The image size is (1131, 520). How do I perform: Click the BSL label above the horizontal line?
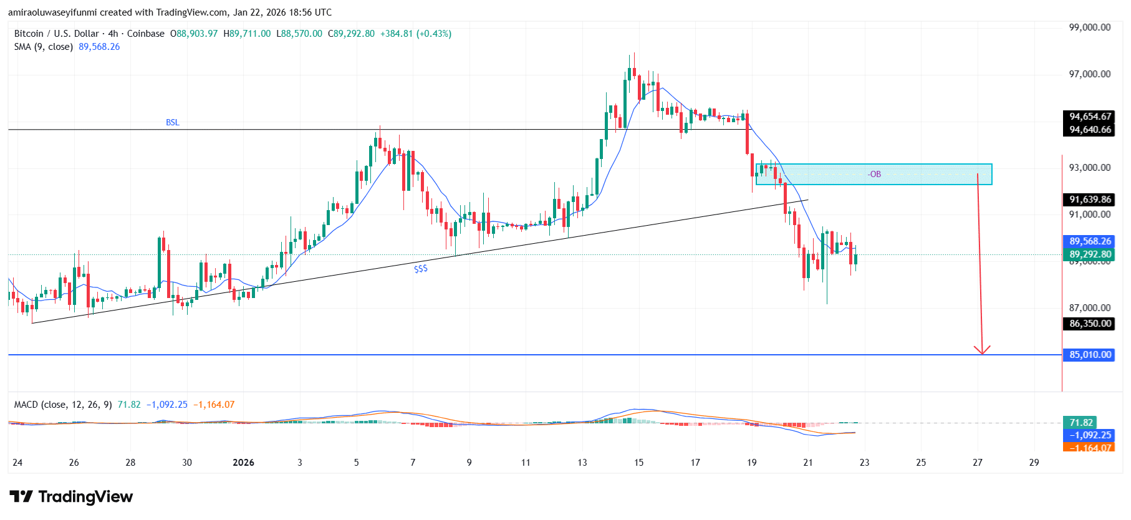point(172,122)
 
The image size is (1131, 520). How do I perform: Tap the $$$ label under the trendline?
point(421,269)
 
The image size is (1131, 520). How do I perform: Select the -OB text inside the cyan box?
point(874,174)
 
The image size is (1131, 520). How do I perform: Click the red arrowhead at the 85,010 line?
point(982,350)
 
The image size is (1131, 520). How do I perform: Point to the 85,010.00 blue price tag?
point(1089,355)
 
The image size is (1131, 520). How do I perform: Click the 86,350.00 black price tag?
point(1089,324)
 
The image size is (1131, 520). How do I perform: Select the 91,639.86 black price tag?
point(1089,200)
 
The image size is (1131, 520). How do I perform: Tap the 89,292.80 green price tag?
point(1089,254)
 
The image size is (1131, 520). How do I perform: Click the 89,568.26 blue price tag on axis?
point(1089,241)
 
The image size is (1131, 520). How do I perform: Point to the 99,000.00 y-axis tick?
point(1089,27)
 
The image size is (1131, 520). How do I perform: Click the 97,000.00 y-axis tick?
point(1089,74)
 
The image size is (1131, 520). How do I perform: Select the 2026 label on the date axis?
point(243,463)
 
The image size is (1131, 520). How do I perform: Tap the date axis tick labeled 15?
point(638,463)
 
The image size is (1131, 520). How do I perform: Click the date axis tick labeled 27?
point(977,463)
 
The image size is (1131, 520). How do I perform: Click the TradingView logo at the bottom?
point(71,497)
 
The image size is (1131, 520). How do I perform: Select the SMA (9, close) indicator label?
point(44,47)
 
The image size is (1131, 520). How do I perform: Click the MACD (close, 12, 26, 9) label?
point(63,405)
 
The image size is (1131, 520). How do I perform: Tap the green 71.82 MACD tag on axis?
point(1080,423)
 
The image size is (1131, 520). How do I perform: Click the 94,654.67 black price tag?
point(1089,117)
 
